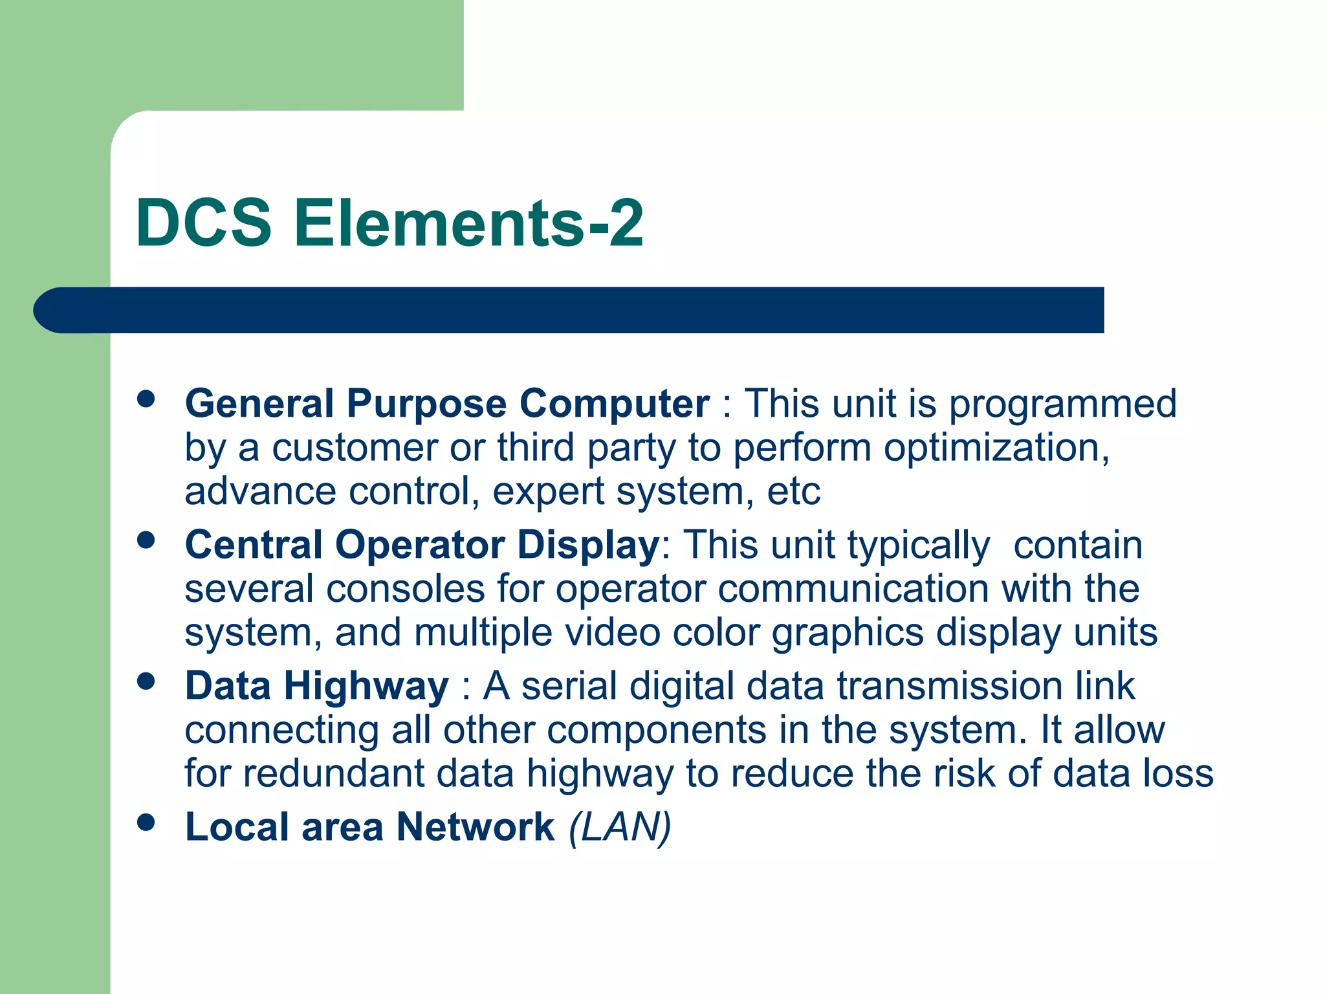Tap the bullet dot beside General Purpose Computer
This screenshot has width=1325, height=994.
point(147,399)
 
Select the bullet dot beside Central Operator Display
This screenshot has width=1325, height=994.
point(147,540)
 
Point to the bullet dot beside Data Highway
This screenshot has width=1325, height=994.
point(147,681)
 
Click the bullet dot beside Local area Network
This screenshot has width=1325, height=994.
point(147,822)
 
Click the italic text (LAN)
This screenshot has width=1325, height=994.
point(620,827)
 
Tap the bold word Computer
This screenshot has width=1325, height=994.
point(614,404)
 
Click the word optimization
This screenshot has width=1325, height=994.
point(996,448)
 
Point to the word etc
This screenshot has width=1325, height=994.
point(794,491)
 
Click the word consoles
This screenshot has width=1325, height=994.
point(406,589)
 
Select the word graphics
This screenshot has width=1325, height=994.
point(848,634)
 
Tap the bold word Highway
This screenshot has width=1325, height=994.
point(366,686)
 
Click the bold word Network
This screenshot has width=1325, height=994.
point(476,827)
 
